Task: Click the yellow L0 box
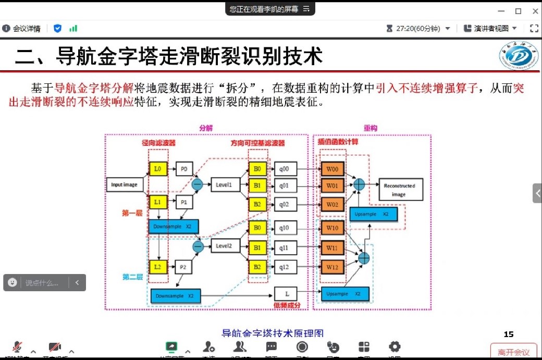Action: [x=157, y=169]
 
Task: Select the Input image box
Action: [x=124, y=185]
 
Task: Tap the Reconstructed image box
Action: [x=399, y=190]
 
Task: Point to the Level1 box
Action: [x=224, y=184]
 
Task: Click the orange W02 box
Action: [x=332, y=205]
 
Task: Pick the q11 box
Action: [x=284, y=247]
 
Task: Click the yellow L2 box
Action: [x=157, y=267]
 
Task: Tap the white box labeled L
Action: [x=287, y=294]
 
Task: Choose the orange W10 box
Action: [x=332, y=228]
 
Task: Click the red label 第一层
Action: [x=132, y=213]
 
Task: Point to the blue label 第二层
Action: [x=132, y=277]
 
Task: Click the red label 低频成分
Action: [x=287, y=305]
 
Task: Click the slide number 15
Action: [x=509, y=334]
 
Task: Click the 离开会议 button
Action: [x=513, y=353]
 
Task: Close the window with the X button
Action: [x=535, y=11]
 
